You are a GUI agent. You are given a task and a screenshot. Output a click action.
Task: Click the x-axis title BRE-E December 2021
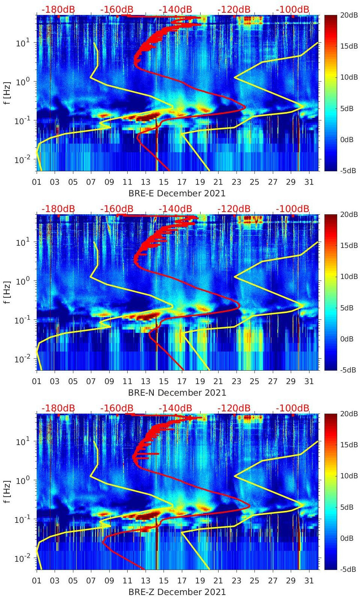(177, 193)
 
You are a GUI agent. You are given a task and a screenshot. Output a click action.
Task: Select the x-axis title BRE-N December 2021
(177, 393)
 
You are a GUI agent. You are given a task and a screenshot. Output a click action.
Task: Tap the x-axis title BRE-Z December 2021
(177, 592)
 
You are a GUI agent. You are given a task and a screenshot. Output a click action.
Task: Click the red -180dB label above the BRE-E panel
(58, 9)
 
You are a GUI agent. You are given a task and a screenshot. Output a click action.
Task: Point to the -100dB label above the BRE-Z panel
(293, 408)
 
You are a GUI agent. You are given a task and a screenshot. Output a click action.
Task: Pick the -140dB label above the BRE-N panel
(175, 209)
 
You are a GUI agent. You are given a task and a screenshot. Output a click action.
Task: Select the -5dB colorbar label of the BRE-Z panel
(347, 570)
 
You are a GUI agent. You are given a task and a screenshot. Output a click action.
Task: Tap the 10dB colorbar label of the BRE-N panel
(347, 277)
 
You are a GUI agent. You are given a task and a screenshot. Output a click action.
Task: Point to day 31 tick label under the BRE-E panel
(309, 182)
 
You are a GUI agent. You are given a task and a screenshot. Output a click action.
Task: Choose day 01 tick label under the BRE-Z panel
(37, 581)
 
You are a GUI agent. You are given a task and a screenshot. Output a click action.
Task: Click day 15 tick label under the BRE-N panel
(164, 381)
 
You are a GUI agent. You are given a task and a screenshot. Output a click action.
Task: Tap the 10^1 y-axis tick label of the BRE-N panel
(23, 242)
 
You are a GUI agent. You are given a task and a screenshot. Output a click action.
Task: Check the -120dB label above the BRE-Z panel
(234, 408)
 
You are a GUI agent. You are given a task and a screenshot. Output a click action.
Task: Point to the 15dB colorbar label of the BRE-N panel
(347, 245)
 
